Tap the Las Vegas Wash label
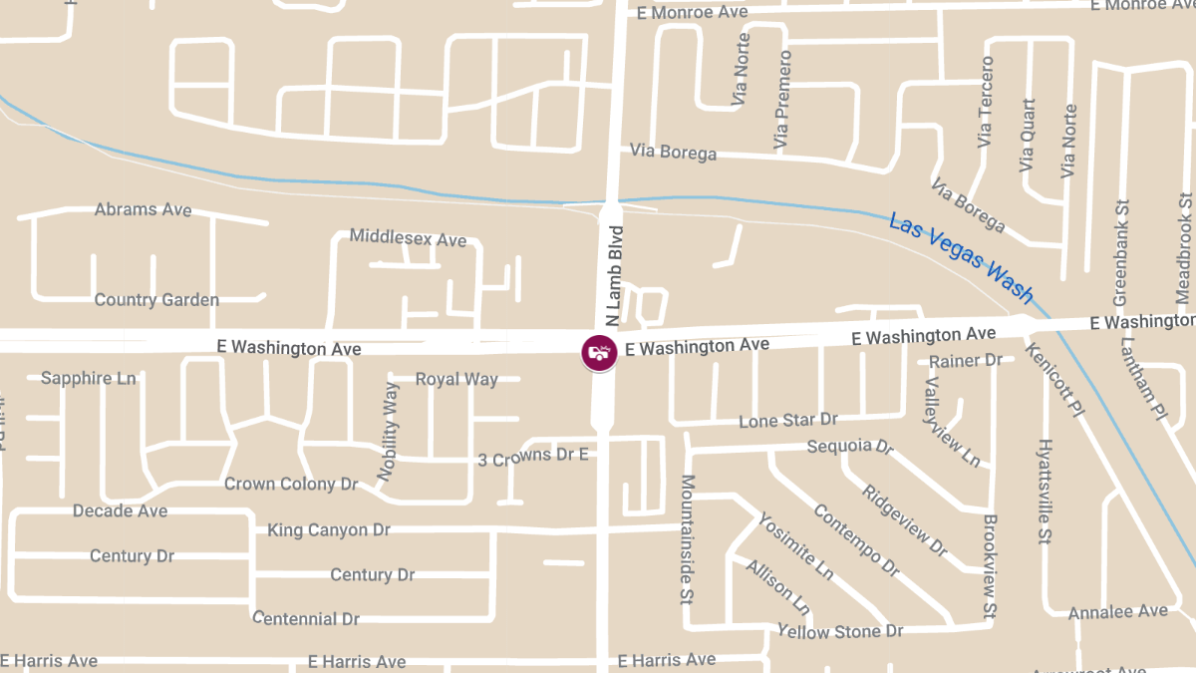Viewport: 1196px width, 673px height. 961,258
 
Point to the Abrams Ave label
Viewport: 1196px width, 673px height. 143,209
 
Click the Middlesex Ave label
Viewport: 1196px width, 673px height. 408,238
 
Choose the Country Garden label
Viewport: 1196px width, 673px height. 156,300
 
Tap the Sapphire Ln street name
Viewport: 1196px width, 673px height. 88,379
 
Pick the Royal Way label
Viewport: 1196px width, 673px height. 456,379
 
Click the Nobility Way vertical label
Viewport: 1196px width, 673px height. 390,432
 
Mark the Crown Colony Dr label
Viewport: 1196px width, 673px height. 290,484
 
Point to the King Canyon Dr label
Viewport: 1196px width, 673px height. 329,529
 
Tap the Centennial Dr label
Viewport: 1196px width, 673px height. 306,618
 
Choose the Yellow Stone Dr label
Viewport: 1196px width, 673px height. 840,631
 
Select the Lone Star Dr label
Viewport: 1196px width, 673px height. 788,421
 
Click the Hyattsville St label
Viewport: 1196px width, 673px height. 1044,492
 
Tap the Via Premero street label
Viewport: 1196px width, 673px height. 782,102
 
